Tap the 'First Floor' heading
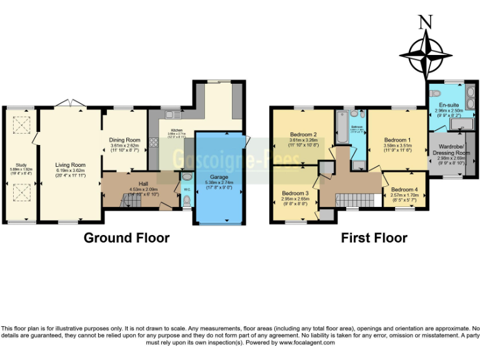click(x=374, y=237)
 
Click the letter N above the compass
click(x=426, y=21)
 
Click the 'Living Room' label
click(x=69, y=165)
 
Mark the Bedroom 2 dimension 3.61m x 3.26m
click(x=303, y=140)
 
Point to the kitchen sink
click(x=171, y=114)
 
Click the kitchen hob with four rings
click(x=154, y=141)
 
